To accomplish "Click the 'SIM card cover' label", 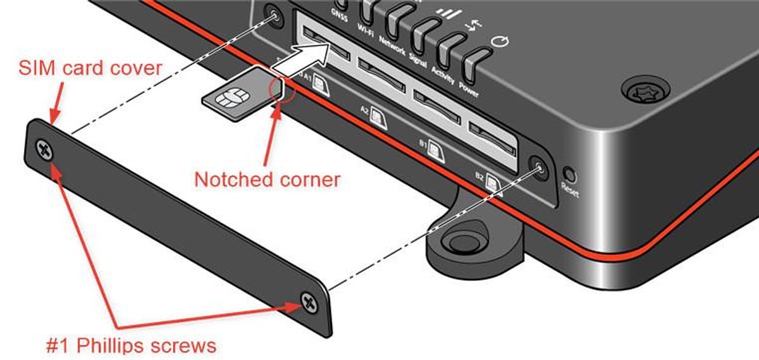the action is pyautogui.click(x=90, y=68).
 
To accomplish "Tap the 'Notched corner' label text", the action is pyautogui.click(x=267, y=179).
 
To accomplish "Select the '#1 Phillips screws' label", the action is pyautogui.click(x=131, y=345).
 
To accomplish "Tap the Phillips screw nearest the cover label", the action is pyautogui.click(x=44, y=150).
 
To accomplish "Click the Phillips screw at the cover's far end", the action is pyautogui.click(x=309, y=302).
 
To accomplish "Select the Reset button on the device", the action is pyautogui.click(x=570, y=175).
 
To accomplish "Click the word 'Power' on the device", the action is pyautogui.click(x=469, y=89).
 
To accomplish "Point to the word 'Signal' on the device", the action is pyautogui.click(x=417, y=60).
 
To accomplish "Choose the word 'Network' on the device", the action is pyautogui.click(x=392, y=46).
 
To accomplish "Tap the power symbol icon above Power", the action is pyautogui.click(x=500, y=41).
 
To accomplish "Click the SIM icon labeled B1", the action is pyautogui.click(x=435, y=151).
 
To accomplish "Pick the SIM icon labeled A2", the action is pyautogui.click(x=378, y=118).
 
